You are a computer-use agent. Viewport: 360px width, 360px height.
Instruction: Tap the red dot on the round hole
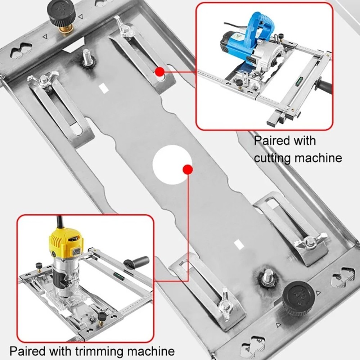coord(186,170)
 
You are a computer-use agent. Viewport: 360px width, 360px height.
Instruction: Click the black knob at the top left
coord(62,13)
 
